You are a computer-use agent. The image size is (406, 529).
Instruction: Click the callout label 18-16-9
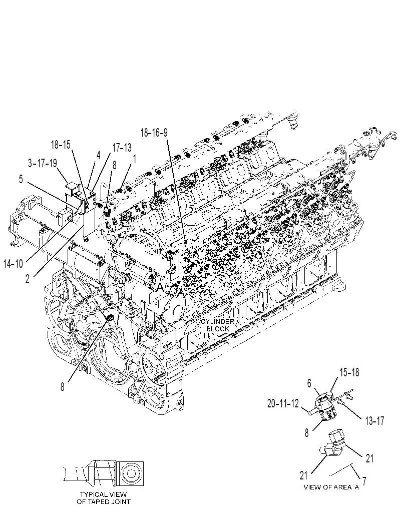(154, 133)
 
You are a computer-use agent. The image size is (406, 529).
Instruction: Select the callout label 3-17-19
(43, 163)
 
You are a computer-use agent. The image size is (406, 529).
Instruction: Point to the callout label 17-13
(122, 148)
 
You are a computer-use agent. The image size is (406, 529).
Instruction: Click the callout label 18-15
(61, 145)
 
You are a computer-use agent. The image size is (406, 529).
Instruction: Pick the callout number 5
(21, 179)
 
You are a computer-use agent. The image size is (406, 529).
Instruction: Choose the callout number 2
(28, 279)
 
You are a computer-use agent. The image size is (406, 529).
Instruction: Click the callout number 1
(135, 159)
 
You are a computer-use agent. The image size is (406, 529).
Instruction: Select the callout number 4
(99, 155)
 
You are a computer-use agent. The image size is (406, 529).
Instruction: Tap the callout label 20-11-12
(283, 403)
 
